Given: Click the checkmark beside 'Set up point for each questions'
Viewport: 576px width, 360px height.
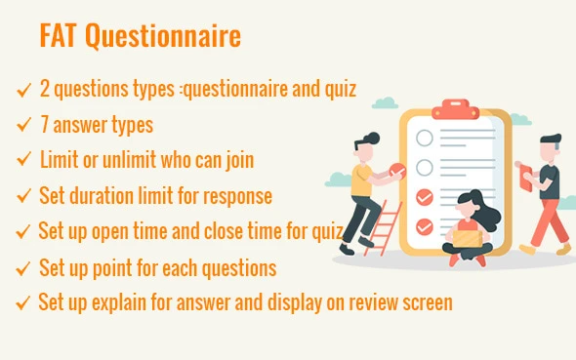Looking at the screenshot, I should tap(24, 267).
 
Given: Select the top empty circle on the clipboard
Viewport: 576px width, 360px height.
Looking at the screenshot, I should tap(425, 139).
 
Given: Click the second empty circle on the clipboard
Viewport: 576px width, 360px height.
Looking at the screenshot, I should tap(425, 167).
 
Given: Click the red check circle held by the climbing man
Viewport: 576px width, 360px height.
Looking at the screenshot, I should tap(397, 171).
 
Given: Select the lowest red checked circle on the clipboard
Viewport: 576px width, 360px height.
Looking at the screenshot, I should tap(425, 227).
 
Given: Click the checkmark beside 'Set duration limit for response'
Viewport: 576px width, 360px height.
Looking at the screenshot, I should tap(24, 195).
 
